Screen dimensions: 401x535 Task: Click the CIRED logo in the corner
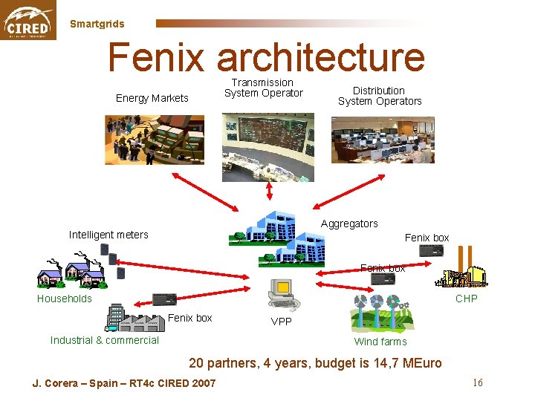(x=28, y=20)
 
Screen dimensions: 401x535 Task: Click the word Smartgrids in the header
(x=97, y=24)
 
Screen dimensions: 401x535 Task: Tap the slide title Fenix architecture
(x=266, y=57)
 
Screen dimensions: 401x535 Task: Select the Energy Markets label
(x=152, y=98)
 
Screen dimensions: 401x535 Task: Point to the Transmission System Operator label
(x=263, y=88)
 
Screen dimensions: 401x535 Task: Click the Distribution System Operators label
(x=380, y=96)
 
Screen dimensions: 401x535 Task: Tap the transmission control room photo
(x=267, y=147)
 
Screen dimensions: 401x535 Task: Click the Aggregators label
(x=349, y=224)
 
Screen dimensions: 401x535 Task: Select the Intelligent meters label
(x=108, y=235)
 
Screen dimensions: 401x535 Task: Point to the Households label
(x=65, y=299)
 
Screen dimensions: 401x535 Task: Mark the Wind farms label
(x=380, y=342)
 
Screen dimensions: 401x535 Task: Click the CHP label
(x=466, y=299)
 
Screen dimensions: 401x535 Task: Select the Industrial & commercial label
(x=105, y=340)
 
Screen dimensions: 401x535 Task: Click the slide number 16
(x=477, y=382)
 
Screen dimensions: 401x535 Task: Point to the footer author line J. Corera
(x=124, y=383)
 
